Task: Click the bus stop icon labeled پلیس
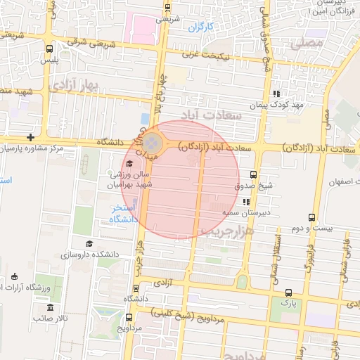(49, 49)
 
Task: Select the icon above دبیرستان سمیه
(245, 202)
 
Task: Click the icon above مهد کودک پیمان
(277, 93)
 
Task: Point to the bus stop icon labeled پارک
(288, 292)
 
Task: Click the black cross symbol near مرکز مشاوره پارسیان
(30, 137)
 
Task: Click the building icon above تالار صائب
(50, 308)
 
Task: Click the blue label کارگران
(200, 27)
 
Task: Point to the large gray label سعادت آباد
(211, 113)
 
